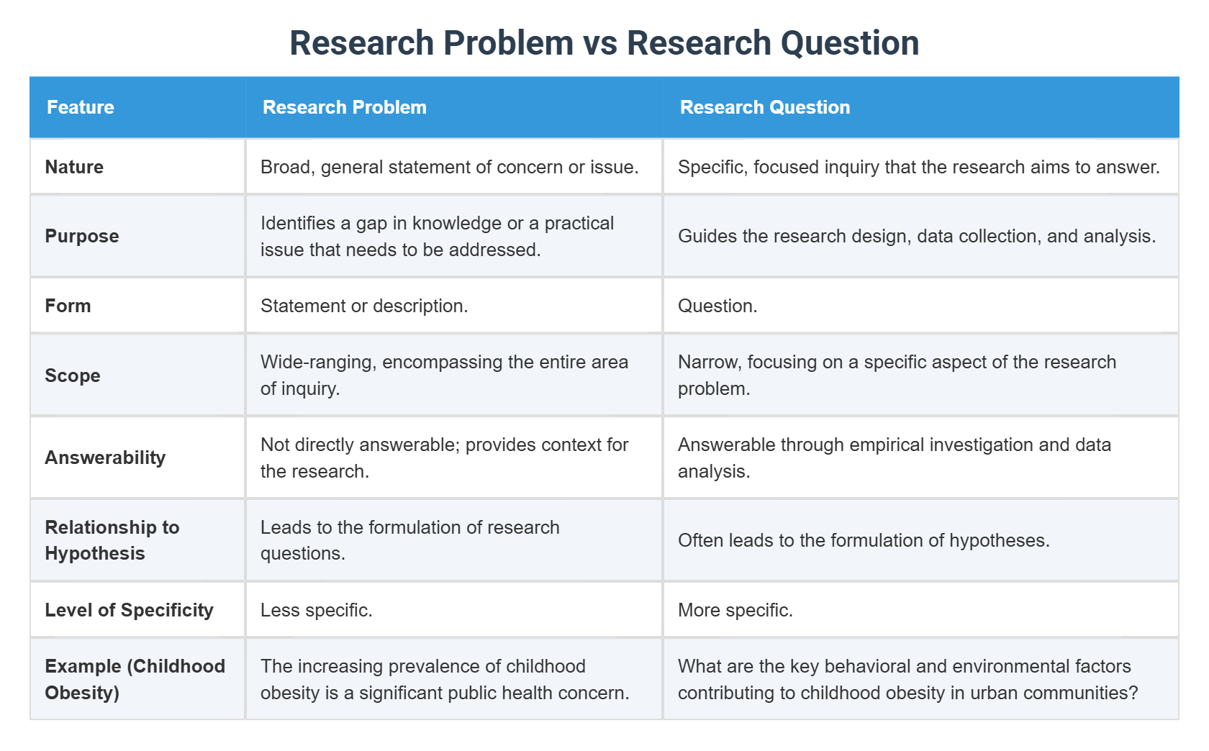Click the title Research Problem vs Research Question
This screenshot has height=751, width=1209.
click(x=604, y=43)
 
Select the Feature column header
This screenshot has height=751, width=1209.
click(x=81, y=107)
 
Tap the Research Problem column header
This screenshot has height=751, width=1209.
click(x=345, y=107)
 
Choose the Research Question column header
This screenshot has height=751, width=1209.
click(x=765, y=107)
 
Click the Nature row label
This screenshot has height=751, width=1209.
click(x=74, y=167)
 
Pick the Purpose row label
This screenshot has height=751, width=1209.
click(x=82, y=236)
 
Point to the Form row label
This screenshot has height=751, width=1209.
click(x=68, y=306)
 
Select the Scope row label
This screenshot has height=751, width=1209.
click(x=73, y=375)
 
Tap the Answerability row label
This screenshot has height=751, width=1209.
click(x=105, y=458)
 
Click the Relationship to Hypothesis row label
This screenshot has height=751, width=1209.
click(x=112, y=540)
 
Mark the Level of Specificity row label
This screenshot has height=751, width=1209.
click(x=129, y=610)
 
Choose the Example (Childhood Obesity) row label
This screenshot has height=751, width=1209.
click(x=135, y=679)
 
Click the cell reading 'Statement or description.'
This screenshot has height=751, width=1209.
click(x=364, y=306)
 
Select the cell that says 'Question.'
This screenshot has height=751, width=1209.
click(x=717, y=306)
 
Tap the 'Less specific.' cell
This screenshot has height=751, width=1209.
click(x=316, y=610)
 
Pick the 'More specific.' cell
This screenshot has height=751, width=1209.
click(x=735, y=610)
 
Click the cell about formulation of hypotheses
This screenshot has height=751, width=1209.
click(x=864, y=540)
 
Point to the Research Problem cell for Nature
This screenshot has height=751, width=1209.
click(x=449, y=167)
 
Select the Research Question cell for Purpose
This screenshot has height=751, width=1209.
click(x=916, y=236)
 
